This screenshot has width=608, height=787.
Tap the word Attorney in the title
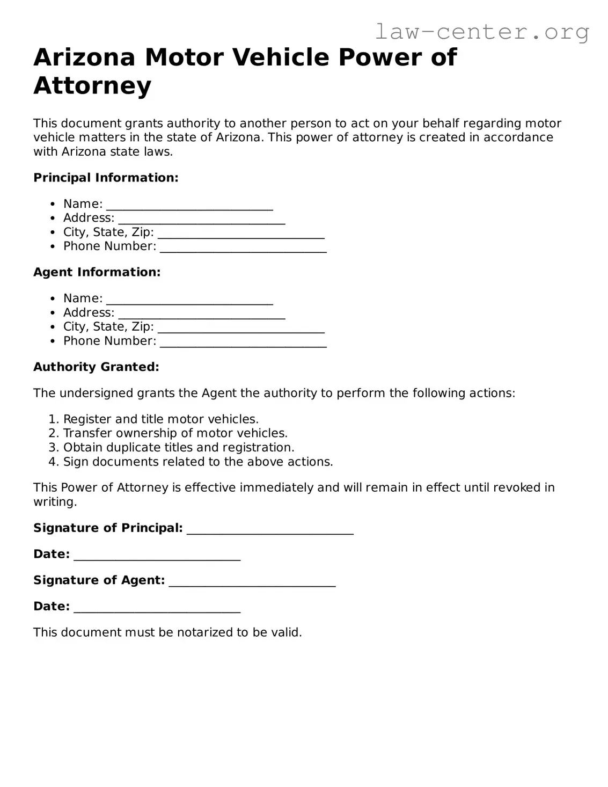[92, 86]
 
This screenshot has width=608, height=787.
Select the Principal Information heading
[106, 178]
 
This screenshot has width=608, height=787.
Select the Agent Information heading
[97, 272]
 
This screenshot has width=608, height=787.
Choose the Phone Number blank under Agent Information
[243, 343]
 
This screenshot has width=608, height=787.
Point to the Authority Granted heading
[96, 367]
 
